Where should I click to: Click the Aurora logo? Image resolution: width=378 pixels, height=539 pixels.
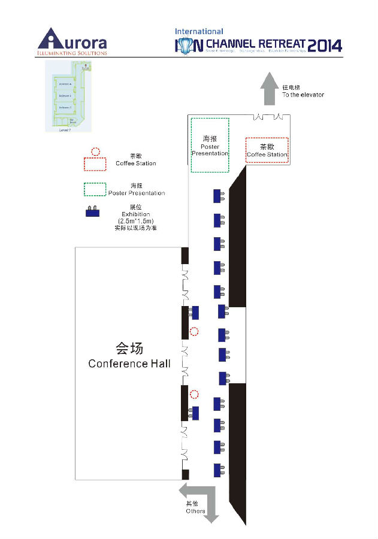(x=72, y=42)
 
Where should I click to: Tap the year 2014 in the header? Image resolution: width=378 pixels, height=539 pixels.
(x=325, y=46)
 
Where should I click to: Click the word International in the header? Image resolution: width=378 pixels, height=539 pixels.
(x=199, y=31)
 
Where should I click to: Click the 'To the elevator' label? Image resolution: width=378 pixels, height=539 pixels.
(x=303, y=95)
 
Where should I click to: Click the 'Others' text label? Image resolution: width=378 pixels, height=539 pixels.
(x=195, y=511)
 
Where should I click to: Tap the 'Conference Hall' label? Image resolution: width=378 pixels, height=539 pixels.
(x=129, y=364)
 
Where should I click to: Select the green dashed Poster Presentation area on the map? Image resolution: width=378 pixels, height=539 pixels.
(x=210, y=145)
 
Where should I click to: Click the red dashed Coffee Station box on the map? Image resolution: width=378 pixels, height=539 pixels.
(x=267, y=150)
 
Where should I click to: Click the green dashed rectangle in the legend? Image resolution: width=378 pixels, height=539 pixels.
(x=95, y=189)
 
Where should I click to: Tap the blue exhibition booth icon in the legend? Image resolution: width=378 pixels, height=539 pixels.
(x=93, y=211)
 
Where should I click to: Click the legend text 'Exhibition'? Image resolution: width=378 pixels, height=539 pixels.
(x=135, y=214)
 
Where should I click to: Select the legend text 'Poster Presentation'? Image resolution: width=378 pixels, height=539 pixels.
(x=137, y=193)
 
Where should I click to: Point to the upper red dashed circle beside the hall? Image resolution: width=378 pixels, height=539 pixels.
(x=193, y=331)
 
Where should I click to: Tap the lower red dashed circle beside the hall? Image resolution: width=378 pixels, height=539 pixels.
(x=194, y=394)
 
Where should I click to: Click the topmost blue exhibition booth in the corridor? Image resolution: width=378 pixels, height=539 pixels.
(x=218, y=196)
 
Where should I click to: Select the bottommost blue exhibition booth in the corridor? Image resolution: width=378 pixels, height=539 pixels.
(x=218, y=470)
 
